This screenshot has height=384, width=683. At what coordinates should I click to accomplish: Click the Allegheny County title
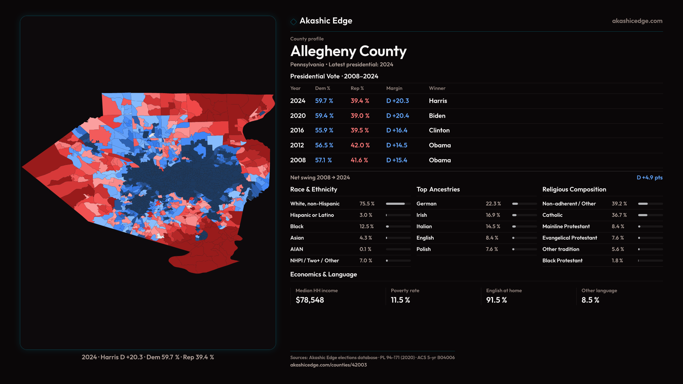pos(348,51)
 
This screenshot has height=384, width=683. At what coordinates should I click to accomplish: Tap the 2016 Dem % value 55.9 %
pos(324,130)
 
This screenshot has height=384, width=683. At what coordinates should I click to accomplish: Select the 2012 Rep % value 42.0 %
pos(360,145)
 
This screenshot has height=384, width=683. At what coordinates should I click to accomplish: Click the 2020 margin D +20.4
pos(397,116)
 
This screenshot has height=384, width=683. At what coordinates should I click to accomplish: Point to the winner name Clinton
pos(439,130)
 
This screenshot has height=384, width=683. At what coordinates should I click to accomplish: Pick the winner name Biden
pos(437,116)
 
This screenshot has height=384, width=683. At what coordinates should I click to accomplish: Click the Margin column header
pos(394,88)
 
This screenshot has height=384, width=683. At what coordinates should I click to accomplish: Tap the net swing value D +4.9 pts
pos(649,177)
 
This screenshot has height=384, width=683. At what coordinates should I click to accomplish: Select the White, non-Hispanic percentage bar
pos(398,204)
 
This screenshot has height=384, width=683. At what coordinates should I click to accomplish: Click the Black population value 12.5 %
pos(366,226)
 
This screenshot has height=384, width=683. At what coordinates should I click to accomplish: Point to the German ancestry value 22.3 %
pos(493,204)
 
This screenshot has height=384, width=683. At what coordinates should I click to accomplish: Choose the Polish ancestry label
pos(423,249)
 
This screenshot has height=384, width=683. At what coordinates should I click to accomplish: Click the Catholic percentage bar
pos(650,215)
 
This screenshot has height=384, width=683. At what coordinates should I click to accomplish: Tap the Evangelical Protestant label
pos(570,238)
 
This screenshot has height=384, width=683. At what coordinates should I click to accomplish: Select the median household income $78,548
pos(309,300)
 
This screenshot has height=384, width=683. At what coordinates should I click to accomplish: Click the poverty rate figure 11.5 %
pos(400,300)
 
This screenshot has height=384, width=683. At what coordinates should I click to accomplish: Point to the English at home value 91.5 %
pos(496,300)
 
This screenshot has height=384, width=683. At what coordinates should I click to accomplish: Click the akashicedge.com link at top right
pos(637,21)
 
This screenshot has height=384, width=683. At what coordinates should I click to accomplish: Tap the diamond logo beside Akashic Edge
pos(293,22)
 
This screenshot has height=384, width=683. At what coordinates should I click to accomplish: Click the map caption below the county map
pos(148,357)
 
